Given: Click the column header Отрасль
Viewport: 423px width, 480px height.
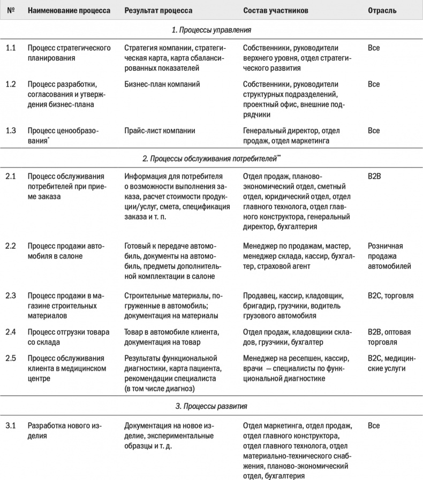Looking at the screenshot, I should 382,11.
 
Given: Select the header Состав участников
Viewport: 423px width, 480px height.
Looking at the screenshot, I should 274,11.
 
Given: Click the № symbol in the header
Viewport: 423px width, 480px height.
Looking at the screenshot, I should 10,11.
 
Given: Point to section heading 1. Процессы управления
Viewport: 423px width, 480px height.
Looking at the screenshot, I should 211,30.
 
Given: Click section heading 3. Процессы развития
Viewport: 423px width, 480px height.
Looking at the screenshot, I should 211,406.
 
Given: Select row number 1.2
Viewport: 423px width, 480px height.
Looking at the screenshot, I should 11,85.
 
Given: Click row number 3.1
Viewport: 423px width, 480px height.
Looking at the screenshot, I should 11,426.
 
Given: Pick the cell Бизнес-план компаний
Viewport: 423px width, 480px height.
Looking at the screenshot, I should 162,85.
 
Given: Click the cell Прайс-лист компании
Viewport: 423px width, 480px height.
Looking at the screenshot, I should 160,131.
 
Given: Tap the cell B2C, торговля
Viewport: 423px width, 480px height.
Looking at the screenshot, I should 390,296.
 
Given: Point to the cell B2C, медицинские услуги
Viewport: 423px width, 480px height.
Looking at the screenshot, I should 391,363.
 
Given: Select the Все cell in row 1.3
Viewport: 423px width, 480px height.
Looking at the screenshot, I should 374,131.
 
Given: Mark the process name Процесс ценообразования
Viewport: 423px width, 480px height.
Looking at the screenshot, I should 63,135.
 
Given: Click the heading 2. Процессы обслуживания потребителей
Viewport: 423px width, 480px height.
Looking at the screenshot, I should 211,158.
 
